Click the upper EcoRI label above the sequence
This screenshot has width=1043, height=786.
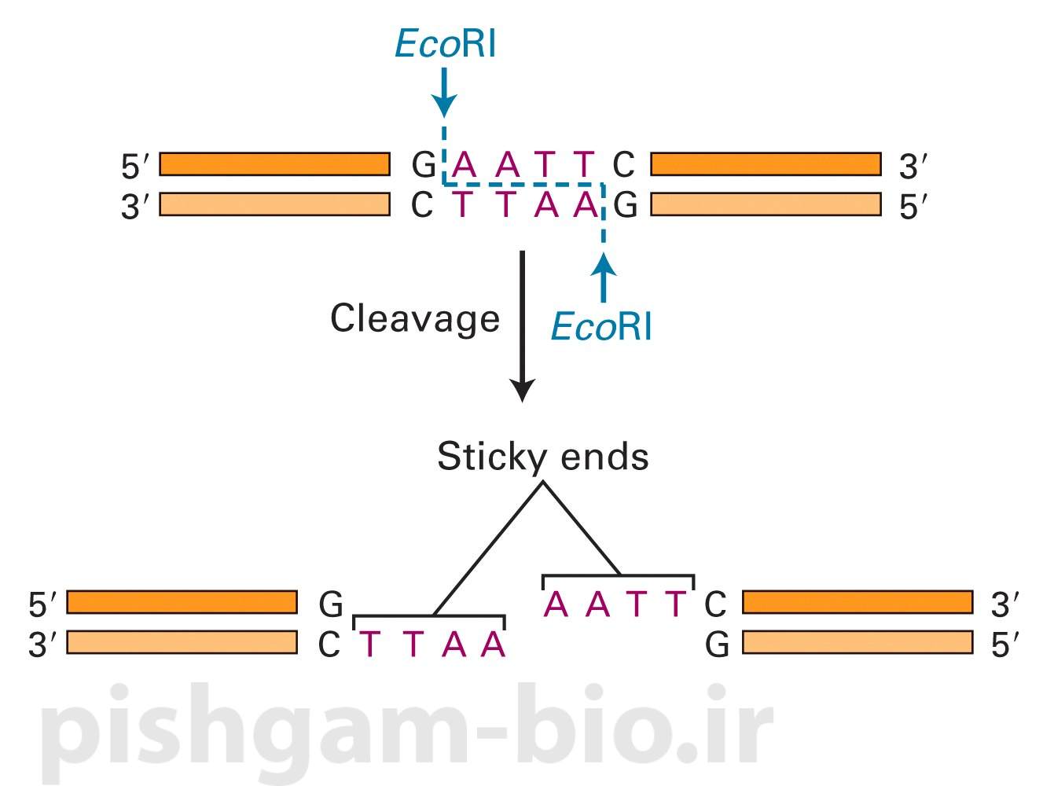(445, 44)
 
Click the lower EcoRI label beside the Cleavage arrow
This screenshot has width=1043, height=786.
(601, 326)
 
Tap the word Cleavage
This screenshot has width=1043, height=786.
(414, 319)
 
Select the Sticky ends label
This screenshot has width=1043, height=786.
(542, 457)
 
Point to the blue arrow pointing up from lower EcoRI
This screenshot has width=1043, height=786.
(603, 278)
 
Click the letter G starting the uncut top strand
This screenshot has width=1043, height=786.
(424, 165)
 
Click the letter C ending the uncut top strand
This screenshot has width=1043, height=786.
(622, 165)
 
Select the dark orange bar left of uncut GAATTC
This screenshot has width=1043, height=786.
(274, 164)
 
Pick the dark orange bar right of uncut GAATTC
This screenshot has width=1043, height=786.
(766, 164)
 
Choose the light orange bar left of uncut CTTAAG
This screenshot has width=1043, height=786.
(274, 204)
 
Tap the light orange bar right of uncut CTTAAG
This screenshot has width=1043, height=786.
(766, 204)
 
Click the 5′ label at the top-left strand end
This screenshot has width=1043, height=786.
(134, 167)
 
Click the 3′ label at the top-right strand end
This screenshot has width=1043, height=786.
(913, 167)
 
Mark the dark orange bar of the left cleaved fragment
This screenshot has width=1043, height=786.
(182, 602)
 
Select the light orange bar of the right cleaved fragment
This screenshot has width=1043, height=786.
(858, 643)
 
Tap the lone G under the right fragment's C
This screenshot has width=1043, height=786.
(717, 645)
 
